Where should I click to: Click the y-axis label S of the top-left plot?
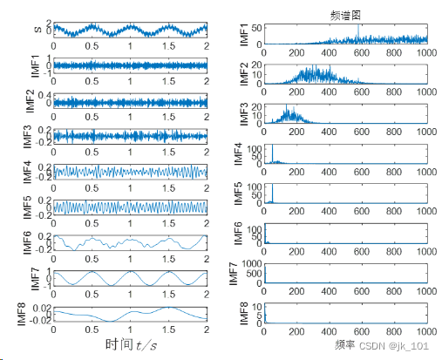point(36,31)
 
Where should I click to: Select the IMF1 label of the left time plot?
point(36,65)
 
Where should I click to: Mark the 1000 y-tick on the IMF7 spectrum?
point(250,263)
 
